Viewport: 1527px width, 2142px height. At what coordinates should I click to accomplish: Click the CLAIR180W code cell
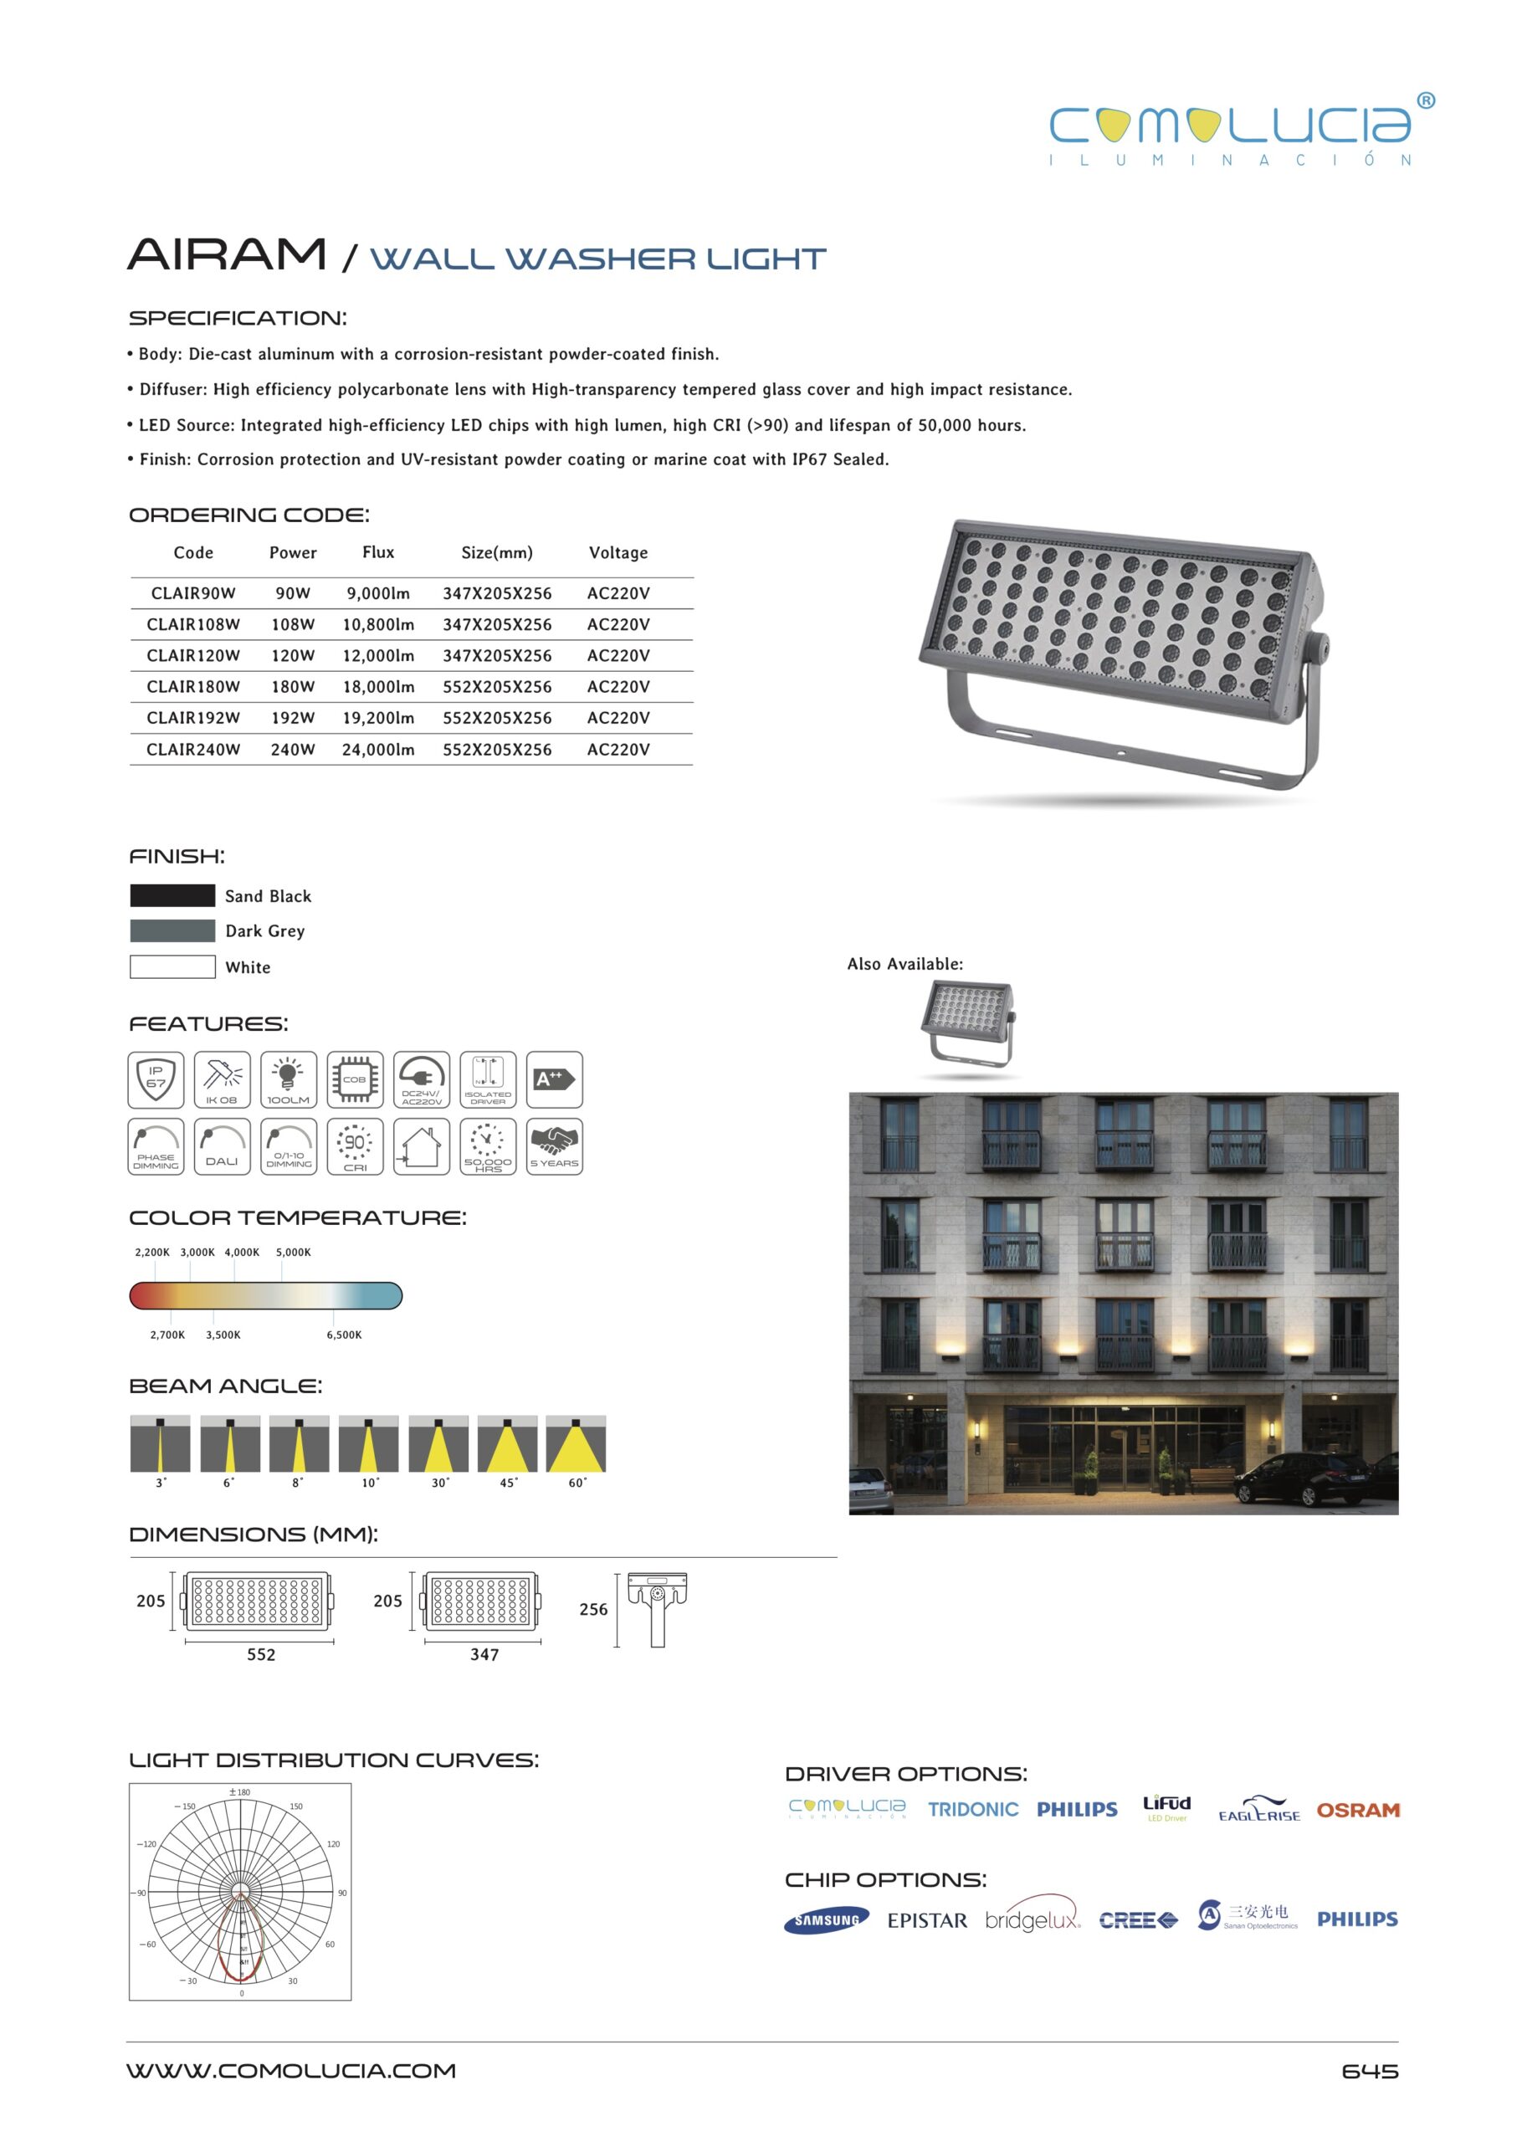coord(192,686)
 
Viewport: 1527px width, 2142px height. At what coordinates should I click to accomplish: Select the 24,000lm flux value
coord(378,750)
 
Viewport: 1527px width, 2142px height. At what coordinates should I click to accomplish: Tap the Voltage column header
coord(617,553)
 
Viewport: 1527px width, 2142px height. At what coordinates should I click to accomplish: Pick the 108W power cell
coord(292,624)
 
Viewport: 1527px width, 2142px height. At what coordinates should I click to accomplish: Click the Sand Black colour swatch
coord(172,895)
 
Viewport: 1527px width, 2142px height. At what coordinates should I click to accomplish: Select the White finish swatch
coord(172,966)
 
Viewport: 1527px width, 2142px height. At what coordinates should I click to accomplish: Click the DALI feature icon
coord(222,1145)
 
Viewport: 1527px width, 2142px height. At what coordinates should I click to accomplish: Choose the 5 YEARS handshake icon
coord(554,1145)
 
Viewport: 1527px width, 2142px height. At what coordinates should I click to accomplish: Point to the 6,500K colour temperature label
coord(344,1335)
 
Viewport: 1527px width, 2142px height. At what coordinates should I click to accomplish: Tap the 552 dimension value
coord(261,1654)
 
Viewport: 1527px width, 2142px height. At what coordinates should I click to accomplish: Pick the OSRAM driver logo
coord(1358,1810)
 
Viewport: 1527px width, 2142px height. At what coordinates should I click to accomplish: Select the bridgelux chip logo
coord(1033,1920)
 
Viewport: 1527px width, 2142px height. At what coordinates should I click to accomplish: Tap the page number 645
coord(1369,2071)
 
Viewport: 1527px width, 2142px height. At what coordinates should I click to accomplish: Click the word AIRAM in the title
coord(227,255)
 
